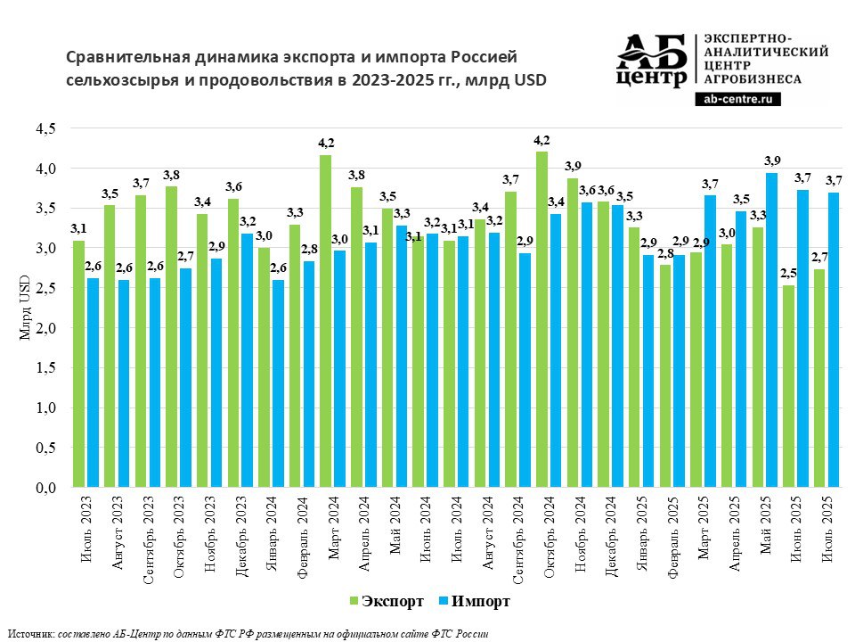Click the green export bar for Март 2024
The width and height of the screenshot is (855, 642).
pyautogui.click(x=326, y=321)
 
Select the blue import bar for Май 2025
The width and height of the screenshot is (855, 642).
pyautogui.click(x=772, y=330)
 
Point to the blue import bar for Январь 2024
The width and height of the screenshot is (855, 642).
pyautogui.click(x=278, y=384)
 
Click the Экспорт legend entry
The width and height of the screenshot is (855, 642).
pyautogui.click(x=387, y=602)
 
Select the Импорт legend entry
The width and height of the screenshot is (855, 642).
pyautogui.click(x=477, y=602)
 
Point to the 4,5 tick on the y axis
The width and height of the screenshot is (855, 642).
pyautogui.click(x=45, y=128)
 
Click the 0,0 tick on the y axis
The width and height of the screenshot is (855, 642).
pyautogui.click(x=45, y=489)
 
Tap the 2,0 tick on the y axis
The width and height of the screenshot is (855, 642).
pyautogui.click(x=45, y=328)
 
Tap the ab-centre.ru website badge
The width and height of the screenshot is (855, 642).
pyautogui.click(x=737, y=99)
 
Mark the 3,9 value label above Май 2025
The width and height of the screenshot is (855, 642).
pyautogui.click(x=771, y=160)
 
